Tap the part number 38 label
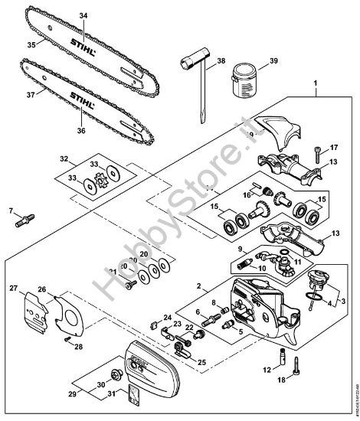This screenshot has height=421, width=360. point(221,60)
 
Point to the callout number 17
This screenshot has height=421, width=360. point(333,148)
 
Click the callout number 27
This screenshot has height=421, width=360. point(12,289)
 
